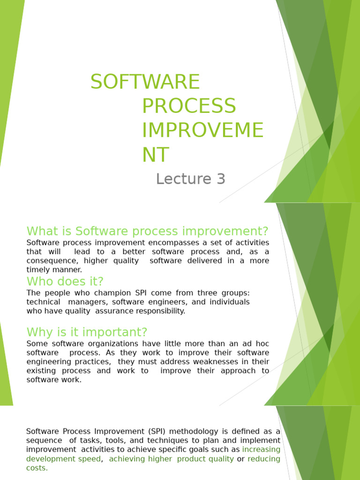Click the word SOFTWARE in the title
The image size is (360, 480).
coord(145,82)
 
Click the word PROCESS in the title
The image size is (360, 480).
coord(189,106)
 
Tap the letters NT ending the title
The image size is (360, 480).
coord(156,155)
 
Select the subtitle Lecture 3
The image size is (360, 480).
coord(191,179)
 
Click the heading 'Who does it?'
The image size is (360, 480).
coord(65,281)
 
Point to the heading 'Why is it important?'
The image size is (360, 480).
coord(87,332)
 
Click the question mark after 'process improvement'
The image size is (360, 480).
coord(265,231)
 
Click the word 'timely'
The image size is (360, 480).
coord(37,270)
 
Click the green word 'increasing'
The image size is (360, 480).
coord(261,450)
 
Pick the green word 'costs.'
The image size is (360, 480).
coord(37,468)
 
